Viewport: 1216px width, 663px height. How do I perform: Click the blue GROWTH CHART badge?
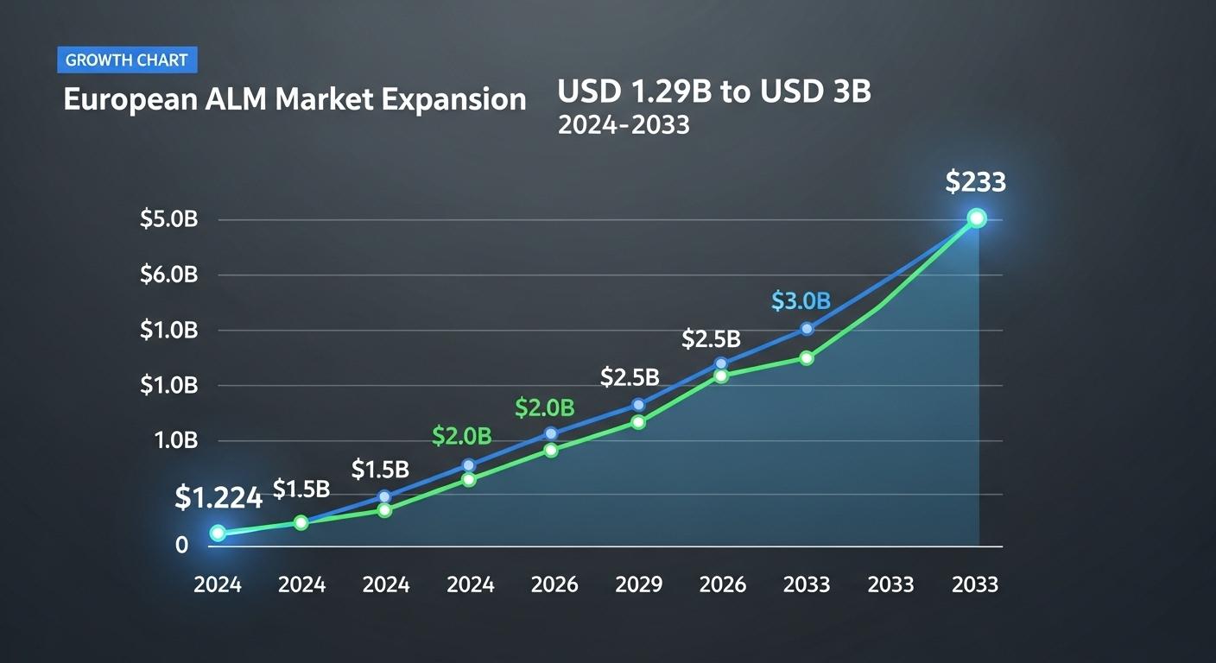(127, 60)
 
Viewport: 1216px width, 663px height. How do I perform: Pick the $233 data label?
(975, 182)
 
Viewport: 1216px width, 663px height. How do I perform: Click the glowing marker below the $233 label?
(976, 218)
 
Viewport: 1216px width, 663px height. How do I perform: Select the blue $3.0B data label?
(801, 301)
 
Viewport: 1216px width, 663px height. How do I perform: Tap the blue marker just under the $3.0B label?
(807, 329)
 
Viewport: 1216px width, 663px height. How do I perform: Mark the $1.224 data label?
(218, 497)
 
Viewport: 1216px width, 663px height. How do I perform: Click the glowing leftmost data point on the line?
(218, 534)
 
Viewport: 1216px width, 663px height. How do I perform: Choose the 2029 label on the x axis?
(638, 584)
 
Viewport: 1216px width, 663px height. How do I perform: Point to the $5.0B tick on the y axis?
(169, 219)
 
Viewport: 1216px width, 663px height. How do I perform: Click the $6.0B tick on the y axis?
(169, 275)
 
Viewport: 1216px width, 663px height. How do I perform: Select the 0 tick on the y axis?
(181, 546)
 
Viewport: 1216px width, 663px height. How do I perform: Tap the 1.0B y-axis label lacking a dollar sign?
(176, 440)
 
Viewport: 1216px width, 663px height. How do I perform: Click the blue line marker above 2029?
(638, 405)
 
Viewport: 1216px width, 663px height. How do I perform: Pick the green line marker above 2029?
(638, 422)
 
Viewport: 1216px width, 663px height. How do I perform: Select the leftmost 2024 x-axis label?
(218, 584)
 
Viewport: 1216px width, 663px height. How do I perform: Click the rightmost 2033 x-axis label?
(974, 584)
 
